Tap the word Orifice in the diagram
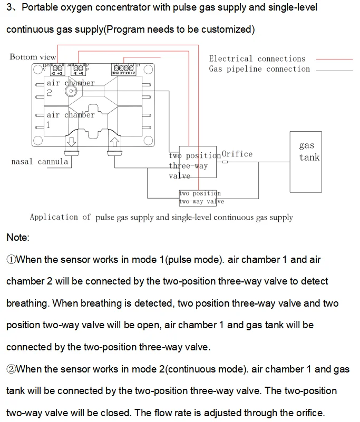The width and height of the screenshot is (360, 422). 237,154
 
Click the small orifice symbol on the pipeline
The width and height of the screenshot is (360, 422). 225,162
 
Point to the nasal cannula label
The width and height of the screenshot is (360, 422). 40,162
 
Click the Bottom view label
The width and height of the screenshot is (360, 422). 33,57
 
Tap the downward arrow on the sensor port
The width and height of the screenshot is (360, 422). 71,142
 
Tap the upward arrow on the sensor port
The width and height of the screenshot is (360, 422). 114,142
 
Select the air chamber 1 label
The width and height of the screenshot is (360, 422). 71,120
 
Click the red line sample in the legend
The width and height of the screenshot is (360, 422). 334,59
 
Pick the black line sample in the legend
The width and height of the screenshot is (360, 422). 334,71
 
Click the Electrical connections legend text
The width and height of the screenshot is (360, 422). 257,58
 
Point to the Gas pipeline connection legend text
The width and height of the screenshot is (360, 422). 259,69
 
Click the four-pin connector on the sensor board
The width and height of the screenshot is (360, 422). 123,68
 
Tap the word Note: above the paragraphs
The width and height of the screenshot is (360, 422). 18,238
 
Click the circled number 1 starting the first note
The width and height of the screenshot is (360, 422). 11,260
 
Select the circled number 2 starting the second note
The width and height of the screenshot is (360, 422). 11,369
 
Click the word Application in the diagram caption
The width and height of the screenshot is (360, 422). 54,217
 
